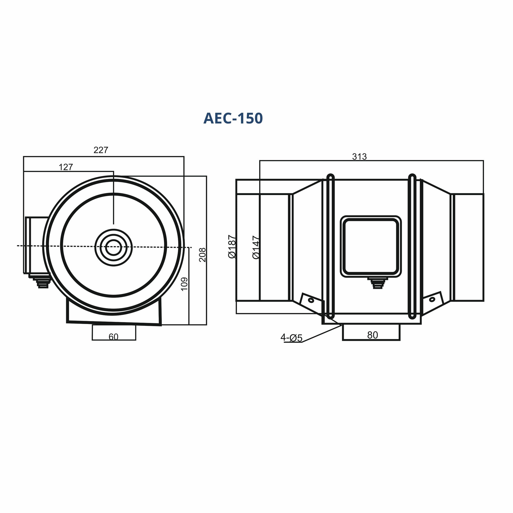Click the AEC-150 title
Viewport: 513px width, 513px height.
click(233, 118)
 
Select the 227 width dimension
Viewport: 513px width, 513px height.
click(101, 150)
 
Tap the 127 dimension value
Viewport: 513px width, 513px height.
click(66, 167)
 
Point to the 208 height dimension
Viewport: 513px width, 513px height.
click(203, 255)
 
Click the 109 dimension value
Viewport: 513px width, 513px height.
click(184, 284)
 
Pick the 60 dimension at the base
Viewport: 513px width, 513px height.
click(113, 337)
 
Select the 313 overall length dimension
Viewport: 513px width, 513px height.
click(360, 157)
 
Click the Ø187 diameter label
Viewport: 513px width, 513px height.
click(232, 246)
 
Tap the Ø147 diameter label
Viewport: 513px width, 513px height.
click(256, 247)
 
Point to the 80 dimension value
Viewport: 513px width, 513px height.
click(372, 335)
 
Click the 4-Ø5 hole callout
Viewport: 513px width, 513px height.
click(292, 338)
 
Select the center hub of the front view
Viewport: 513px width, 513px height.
click(114, 247)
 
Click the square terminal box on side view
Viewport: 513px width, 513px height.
click(371, 246)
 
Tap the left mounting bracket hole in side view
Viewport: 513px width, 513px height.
click(311, 300)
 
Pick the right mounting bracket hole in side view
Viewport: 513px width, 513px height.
click(432, 299)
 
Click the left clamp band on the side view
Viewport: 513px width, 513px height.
click(330, 246)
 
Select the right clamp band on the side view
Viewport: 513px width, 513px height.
click(412, 246)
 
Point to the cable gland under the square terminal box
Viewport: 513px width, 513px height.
click(378, 283)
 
